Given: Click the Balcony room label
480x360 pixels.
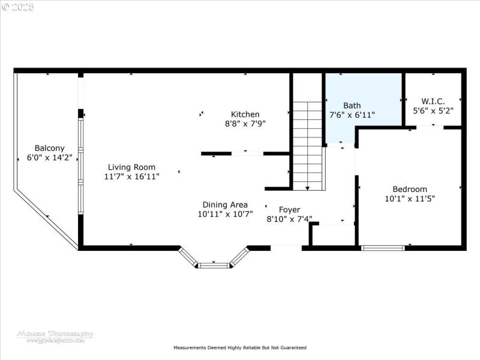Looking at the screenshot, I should pos(49,148).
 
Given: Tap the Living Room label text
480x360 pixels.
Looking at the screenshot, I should pos(131,167).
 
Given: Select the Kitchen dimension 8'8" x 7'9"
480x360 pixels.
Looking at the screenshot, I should pos(245,124).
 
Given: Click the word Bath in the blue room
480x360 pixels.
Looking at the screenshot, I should pos(352,106).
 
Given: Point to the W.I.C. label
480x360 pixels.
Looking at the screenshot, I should pos(433,101).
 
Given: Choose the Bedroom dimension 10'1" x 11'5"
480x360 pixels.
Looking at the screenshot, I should pos(410,198).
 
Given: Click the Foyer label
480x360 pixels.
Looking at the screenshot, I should pos(289,210).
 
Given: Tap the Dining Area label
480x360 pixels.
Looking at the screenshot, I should pos(225,205).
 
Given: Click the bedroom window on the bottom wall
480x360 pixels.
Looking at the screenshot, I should pos(383,247).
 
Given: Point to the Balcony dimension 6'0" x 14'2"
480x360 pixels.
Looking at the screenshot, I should pos(49,158).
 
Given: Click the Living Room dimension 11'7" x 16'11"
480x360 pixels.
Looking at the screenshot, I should pos(131,177).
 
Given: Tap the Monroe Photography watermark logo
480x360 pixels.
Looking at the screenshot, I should pos(55,335).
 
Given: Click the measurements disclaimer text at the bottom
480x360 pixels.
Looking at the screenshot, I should pos(240,347).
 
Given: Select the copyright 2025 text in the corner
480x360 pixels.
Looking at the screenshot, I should pos(18,7).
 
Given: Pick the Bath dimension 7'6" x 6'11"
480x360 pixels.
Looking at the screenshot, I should pos(352,115).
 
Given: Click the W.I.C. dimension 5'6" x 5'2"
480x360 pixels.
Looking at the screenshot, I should pos(433,111).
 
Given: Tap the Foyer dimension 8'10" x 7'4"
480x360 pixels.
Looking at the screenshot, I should pos(289,219).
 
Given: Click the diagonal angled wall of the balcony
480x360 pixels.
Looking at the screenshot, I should pos(46,218).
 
